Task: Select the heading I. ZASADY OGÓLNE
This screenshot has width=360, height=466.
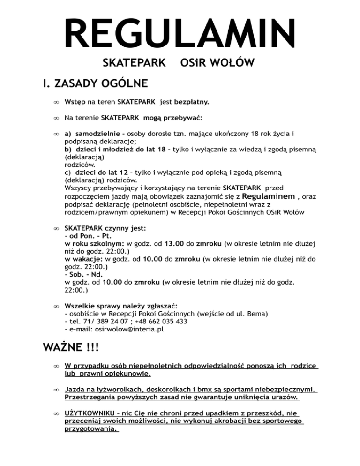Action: coord(94,84)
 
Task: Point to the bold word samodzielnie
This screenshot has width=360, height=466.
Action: coord(98,134)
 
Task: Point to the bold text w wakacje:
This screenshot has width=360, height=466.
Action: coord(84,259)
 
